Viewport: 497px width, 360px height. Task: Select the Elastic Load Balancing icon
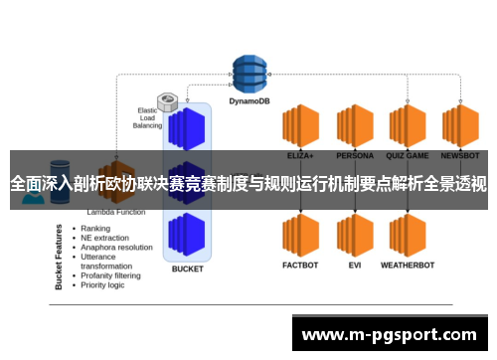point(168,102)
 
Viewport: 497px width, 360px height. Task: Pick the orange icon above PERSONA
point(354,126)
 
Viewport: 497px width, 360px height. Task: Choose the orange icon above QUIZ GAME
point(409,126)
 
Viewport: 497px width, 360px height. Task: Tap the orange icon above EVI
point(354,236)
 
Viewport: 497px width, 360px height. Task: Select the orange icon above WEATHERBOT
point(409,236)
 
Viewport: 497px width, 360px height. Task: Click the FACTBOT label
point(299,266)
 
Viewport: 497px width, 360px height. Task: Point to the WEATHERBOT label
point(409,266)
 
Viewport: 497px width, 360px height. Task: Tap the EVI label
point(354,266)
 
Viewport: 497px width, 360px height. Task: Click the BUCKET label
point(187,269)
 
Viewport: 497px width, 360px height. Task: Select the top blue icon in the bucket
point(187,127)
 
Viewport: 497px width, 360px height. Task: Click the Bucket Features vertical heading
point(59,257)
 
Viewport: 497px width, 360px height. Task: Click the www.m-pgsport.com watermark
point(394,335)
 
